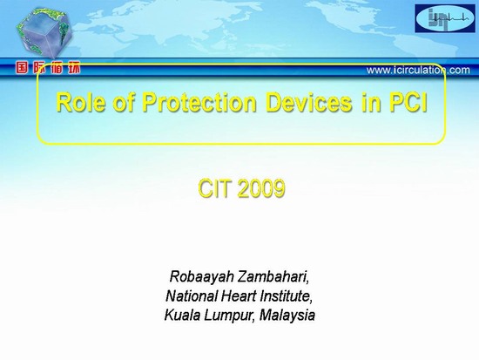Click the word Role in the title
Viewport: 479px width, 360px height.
(x=81, y=103)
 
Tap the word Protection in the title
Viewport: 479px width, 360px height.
(x=199, y=103)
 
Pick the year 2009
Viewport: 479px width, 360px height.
(x=261, y=188)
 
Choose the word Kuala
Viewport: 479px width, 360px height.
(x=182, y=315)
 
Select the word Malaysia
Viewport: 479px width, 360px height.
(x=287, y=316)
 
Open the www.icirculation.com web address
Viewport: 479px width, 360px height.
(x=418, y=71)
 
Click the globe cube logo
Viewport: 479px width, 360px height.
(x=44, y=33)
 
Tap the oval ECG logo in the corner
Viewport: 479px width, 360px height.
(x=445, y=18)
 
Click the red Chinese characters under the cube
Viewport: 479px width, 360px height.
(x=48, y=68)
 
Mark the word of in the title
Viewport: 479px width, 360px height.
(x=124, y=103)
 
